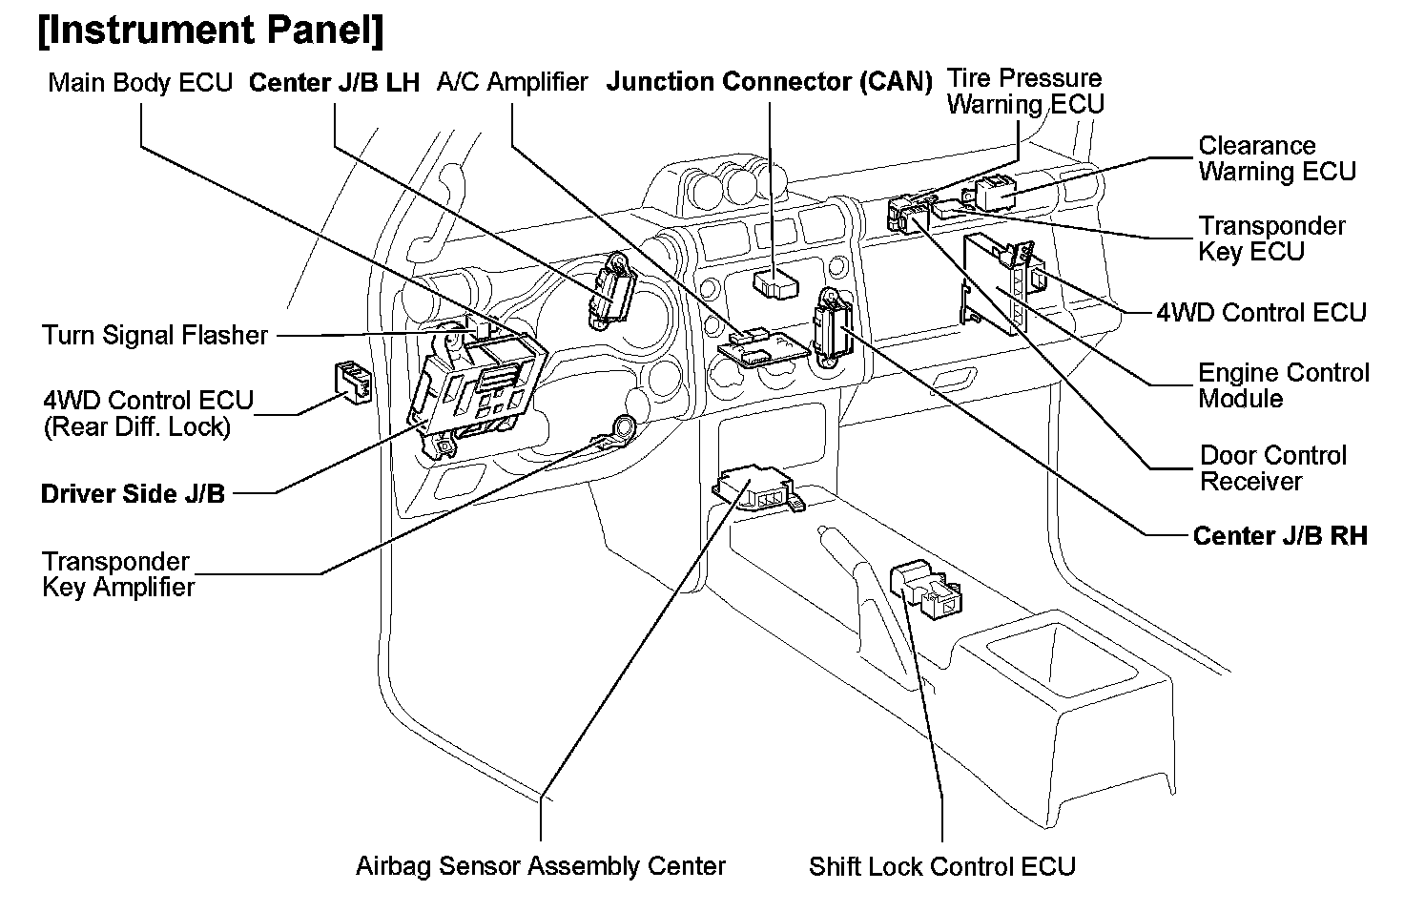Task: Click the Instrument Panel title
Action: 211,31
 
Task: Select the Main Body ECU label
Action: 140,83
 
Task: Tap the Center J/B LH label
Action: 334,83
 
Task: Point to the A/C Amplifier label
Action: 512,83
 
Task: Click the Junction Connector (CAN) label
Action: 769,82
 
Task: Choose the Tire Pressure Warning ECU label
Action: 1024,92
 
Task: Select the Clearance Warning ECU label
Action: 1276,158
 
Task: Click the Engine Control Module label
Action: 1283,385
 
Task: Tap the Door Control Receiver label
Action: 1272,468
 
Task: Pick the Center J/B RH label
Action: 1279,536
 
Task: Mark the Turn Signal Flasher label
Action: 155,336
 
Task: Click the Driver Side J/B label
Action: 133,494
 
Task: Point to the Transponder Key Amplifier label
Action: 117,574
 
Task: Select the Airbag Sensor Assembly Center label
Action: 540,866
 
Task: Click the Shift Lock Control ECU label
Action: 941,866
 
